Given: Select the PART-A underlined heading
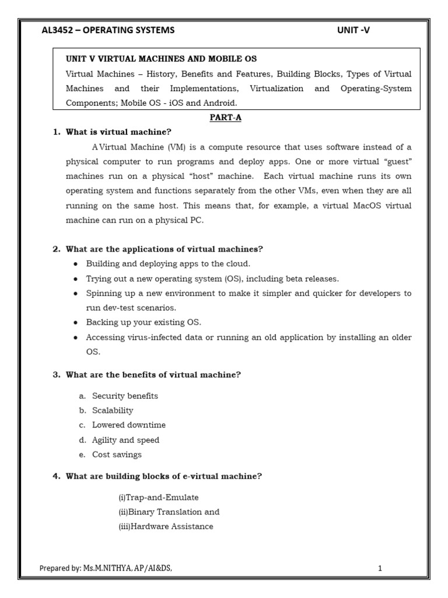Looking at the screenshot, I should click(225, 117).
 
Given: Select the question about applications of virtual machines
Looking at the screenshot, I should click(164, 249).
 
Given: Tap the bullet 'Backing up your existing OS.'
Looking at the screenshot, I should click(143, 322).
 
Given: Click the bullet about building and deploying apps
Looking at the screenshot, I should click(168, 263).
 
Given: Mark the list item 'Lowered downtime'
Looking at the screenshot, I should click(129, 425).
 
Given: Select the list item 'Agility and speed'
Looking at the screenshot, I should click(125, 440).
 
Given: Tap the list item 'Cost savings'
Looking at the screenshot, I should click(117, 454).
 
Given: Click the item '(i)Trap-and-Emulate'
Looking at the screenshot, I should click(158, 497).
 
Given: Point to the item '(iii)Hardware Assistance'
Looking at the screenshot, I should click(166, 526).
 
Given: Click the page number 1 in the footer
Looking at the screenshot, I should click(380, 568).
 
